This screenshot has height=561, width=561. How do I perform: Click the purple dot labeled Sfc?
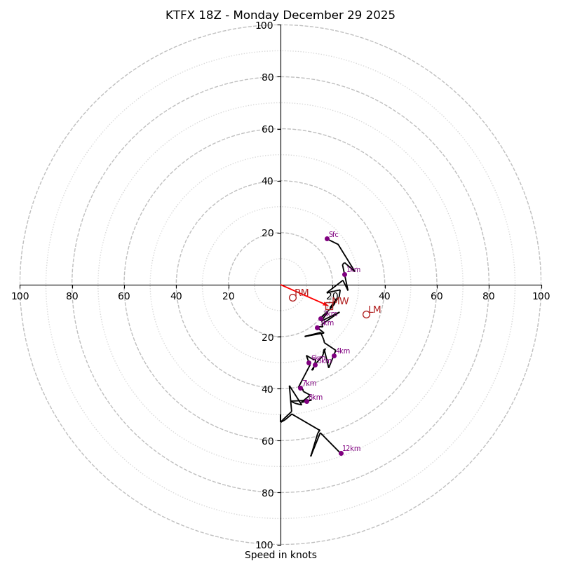coord(327,238)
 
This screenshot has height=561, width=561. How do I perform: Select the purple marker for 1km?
coord(344,274)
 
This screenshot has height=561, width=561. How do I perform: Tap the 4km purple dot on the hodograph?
coord(334,356)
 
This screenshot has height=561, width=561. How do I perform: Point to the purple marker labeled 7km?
coord(300,388)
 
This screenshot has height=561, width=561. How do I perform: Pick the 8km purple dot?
coord(306,401)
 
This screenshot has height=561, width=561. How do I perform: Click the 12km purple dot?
coord(341,453)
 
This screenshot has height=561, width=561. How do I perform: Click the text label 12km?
coord(351,449)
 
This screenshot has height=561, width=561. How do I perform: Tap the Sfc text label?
coord(334,235)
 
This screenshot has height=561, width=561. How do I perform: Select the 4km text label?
coord(343,351)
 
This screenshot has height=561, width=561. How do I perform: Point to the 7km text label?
coord(309,384)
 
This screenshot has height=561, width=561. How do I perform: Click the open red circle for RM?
coord(292,297)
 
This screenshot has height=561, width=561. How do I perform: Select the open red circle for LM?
coord(366,314)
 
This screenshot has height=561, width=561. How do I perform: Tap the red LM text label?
coord(374,310)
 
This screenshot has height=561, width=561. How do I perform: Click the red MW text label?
coord(340,302)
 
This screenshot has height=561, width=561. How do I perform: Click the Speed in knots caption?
coord(280,555)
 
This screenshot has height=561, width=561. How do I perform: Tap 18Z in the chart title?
coord(214,15)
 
